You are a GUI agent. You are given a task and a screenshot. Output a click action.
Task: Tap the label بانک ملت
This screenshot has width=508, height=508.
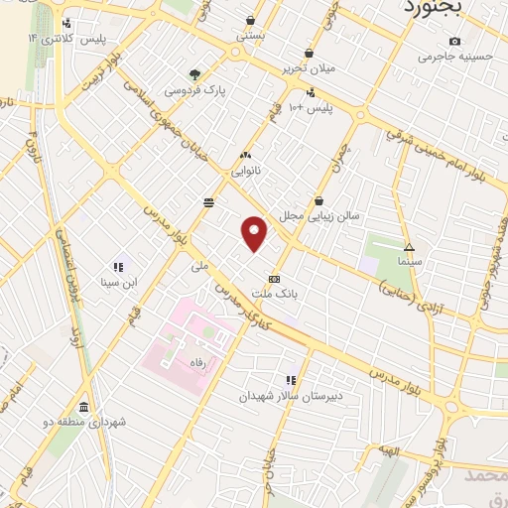tap(275, 295)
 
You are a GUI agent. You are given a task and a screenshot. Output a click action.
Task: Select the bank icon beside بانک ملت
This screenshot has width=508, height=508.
tap(275, 279)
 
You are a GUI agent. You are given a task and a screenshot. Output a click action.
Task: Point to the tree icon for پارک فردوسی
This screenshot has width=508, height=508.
tap(194, 73)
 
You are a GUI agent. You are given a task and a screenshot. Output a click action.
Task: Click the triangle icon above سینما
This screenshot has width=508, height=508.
tap(409, 246)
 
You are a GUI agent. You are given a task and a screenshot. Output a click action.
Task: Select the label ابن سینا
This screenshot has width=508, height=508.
tap(117, 282)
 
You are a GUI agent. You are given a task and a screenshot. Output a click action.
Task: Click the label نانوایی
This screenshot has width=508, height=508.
tap(246, 171)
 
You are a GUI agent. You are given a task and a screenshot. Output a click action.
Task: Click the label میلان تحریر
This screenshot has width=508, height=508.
tap(309, 68)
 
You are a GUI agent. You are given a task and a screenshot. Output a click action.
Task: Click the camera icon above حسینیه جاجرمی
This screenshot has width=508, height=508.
tap(454, 41)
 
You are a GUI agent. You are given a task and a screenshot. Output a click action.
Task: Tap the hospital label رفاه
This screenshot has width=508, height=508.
tap(195, 364)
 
